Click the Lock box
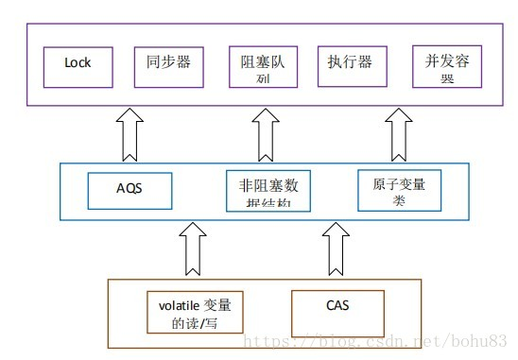78,63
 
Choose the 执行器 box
351,63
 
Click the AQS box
130,190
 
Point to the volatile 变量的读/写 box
195,315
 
